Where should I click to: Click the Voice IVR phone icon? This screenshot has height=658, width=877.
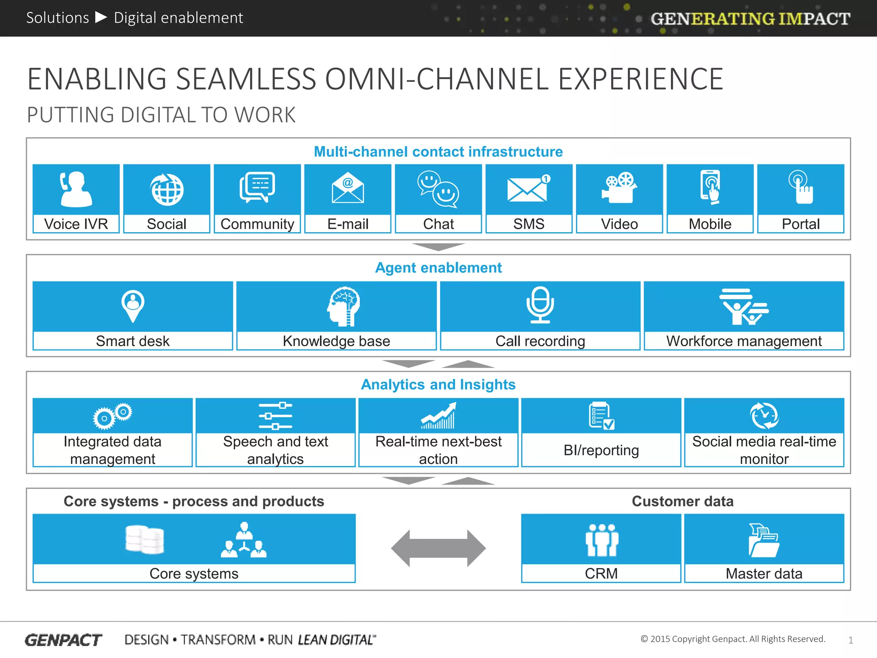click(x=76, y=189)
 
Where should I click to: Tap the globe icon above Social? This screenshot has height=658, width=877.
click(x=167, y=189)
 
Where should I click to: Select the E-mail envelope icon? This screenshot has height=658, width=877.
click(x=348, y=190)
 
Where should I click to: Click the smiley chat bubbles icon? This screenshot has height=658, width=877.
click(x=438, y=189)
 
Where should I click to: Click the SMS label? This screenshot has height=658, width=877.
click(x=529, y=224)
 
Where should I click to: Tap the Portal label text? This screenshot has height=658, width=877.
click(x=800, y=224)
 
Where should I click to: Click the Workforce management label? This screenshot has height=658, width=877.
click(x=744, y=341)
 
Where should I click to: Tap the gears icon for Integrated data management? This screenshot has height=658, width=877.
click(x=113, y=416)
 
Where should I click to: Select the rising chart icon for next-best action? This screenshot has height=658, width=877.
click(x=438, y=416)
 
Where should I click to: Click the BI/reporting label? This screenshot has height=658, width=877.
click(x=601, y=450)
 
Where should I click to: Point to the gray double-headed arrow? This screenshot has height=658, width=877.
click(x=438, y=548)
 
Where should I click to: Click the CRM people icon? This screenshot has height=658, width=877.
click(x=602, y=540)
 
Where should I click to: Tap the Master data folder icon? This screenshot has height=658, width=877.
click(x=764, y=540)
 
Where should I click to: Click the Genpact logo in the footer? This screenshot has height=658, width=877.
click(x=63, y=640)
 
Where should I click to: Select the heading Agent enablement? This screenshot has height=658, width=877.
click(x=438, y=268)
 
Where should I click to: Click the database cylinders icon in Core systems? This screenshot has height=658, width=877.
click(x=145, y=540)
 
